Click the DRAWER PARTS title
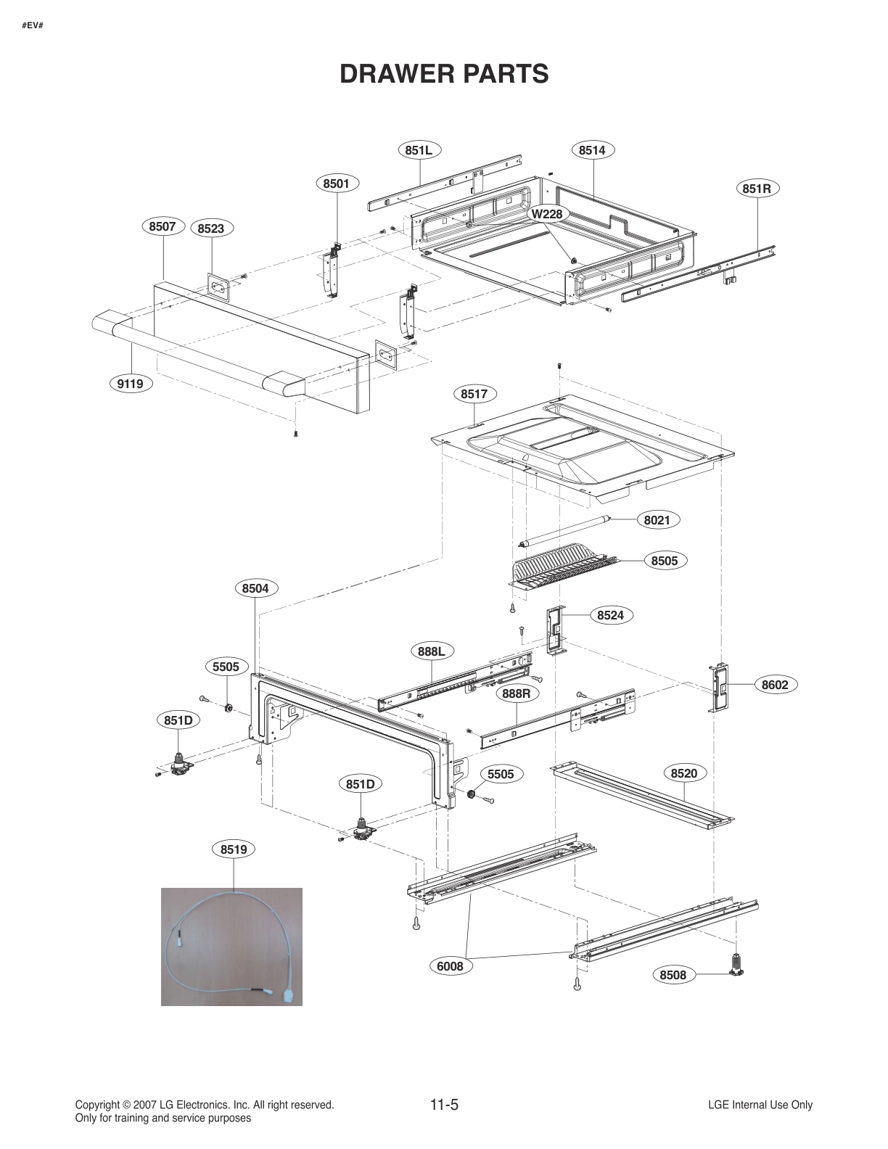click(x=444, y=74)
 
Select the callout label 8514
click(x=592, y=150)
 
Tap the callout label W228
click(x=546, y=214)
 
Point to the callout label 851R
click(x=757, y=189)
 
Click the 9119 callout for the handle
click(x=131, y=384)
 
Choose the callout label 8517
click(x=474, y=394)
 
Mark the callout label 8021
click(x=657, y=519)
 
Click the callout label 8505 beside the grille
click(x=665, y=560)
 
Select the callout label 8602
click(x=775, y=685)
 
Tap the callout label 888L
click(x=432, y=651)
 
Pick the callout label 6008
click(x=450, y=966)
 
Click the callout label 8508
click(x=673, y=975)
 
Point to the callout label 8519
click(x=234, y=849)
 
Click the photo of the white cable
click(x=231, y=946)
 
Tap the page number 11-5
click(x=444, y=1105)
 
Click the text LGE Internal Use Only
click(x=760, y=1105)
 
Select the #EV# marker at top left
click(x=32, y=26)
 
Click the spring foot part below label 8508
click(x=738, y=965)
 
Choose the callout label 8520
click(x=683, y=773)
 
